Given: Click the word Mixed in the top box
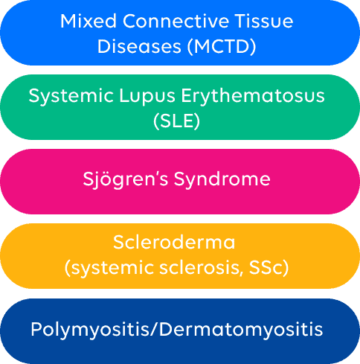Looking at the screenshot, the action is point(89,21).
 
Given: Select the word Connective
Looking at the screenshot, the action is point(176,21).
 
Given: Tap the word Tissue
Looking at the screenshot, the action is point(264,21).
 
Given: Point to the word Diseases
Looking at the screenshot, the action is point(139,46).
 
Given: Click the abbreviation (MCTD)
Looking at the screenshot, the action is point(222,47).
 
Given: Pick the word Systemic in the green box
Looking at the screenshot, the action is point(71,97).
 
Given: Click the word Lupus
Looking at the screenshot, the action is point(147,97).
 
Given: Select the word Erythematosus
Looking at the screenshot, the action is point(253,95).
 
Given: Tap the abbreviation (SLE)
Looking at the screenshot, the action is point(176,121).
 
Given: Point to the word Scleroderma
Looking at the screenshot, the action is point(174,242).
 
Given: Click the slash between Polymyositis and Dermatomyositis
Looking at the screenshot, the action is point(153,330).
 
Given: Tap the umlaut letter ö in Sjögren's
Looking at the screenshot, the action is point(109,179).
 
